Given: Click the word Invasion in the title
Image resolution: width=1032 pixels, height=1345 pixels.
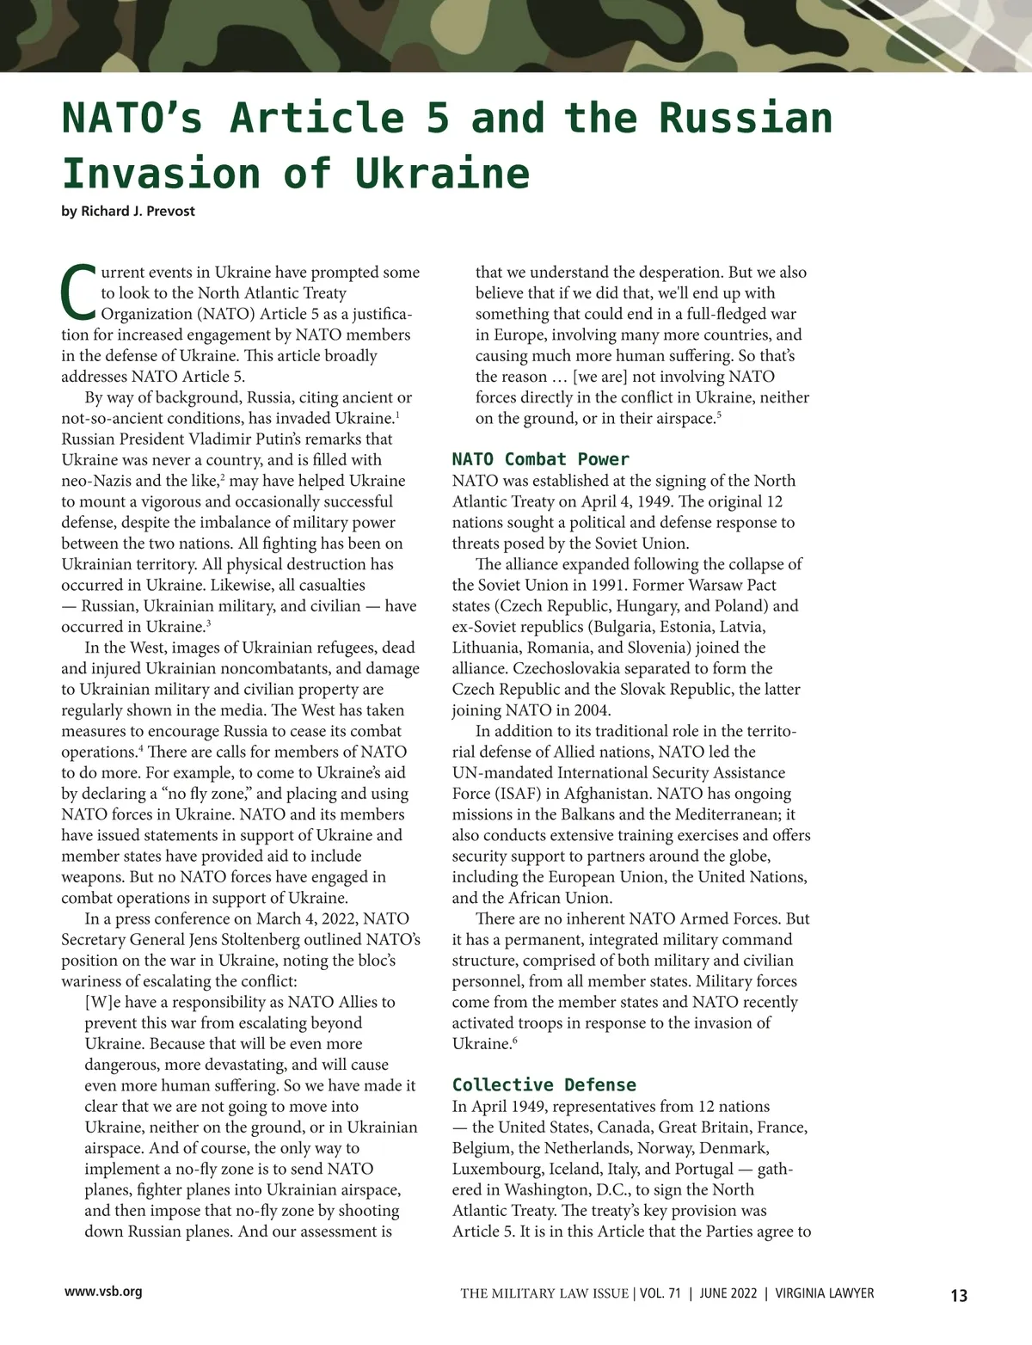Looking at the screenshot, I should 161,174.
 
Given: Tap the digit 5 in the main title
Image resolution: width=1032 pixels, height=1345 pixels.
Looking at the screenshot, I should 439,119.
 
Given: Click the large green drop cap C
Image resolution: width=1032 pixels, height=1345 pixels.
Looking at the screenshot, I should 79,293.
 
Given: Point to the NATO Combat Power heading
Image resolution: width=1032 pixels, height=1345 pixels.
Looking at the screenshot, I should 540,459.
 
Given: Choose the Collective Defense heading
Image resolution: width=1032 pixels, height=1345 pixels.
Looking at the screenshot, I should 544,1085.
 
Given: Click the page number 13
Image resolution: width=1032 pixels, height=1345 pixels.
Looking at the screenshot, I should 958,1295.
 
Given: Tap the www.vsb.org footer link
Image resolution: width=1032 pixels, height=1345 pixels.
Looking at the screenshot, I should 103,1292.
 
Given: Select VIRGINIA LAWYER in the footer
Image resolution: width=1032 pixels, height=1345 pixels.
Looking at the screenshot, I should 825,1293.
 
